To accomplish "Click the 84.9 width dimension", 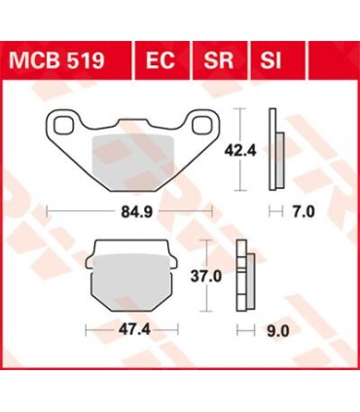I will pos(129,207).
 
